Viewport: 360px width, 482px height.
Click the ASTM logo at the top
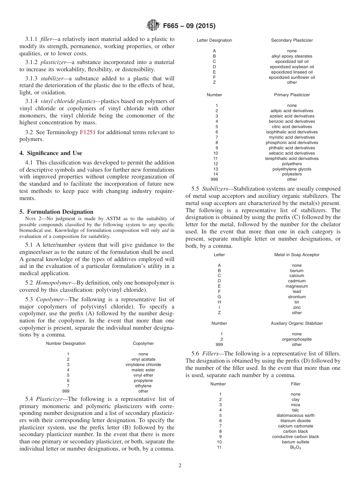153,26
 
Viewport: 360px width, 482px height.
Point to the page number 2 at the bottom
180,466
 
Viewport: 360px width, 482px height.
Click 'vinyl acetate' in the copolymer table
143,359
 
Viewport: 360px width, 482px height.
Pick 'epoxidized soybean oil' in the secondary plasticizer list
292,67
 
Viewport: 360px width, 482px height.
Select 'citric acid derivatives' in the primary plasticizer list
292,127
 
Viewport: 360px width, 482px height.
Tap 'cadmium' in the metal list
297,281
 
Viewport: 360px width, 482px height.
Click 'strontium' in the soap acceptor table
297,297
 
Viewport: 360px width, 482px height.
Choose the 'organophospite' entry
297,339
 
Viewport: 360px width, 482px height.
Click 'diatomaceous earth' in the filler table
295,415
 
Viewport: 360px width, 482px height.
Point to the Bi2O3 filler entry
295,448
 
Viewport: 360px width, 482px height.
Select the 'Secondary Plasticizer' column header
292,40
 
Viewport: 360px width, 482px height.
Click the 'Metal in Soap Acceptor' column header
297,255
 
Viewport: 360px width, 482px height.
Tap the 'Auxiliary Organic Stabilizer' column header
297,323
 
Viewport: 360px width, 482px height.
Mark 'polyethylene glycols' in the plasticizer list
292,169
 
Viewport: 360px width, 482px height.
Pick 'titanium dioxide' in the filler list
295,421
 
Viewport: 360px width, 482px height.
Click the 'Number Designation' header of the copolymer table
66,343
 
